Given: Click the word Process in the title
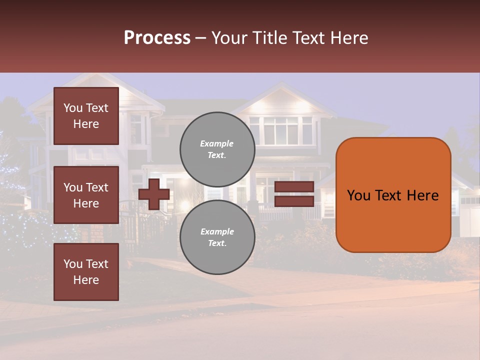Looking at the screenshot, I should point(157,38).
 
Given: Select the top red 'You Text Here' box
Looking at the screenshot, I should point(86,116).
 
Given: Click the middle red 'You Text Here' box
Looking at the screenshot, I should point(86,195).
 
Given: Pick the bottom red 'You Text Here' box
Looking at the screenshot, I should point(86,272).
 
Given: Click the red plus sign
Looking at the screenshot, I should point(154,194).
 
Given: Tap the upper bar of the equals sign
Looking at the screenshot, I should point(294,187).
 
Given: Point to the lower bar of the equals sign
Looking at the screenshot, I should point(294,201).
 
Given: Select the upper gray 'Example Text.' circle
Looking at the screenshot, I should point(217,149).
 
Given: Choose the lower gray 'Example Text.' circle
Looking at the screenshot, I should point(217,237).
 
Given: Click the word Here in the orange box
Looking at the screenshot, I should point(423,195).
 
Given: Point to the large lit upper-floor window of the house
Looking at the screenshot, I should point(280,130).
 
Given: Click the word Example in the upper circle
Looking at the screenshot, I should point(216,143).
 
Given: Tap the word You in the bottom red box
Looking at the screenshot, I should point(73,264).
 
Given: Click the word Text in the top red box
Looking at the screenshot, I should point(97,108).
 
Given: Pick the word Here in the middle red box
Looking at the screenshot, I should point(86,203).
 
